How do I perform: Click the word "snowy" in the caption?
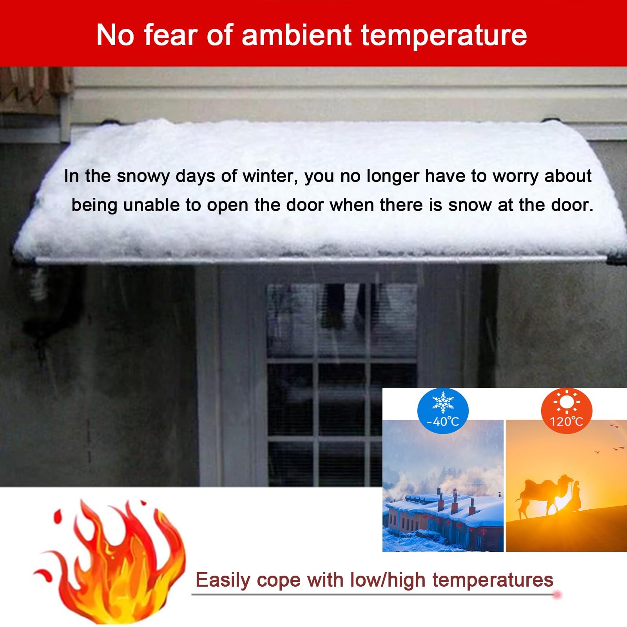click(143, 177)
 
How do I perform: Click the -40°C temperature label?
click(442, 422)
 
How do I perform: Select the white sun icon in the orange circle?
click(566, 402)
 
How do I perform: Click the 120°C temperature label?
click(566, 422)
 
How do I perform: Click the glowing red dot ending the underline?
click(556, 595)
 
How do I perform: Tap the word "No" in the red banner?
click(115, 35)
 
